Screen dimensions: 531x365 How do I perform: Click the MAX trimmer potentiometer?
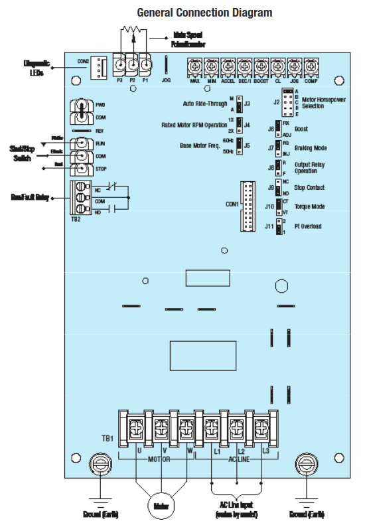pos(195,66)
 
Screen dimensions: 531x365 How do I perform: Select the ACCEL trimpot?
pos(228,66)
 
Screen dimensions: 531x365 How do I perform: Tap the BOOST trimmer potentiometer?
pos(261,66)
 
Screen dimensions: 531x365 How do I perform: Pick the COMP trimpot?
pos(311,66)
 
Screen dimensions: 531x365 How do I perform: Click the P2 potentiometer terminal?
pos(133,66)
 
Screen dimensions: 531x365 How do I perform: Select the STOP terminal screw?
pos(82,169)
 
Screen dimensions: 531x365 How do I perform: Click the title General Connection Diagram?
pos(204,13)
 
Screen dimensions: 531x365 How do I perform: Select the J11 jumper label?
pos(269,226)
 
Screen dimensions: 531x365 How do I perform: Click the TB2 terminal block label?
pos(77,219)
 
